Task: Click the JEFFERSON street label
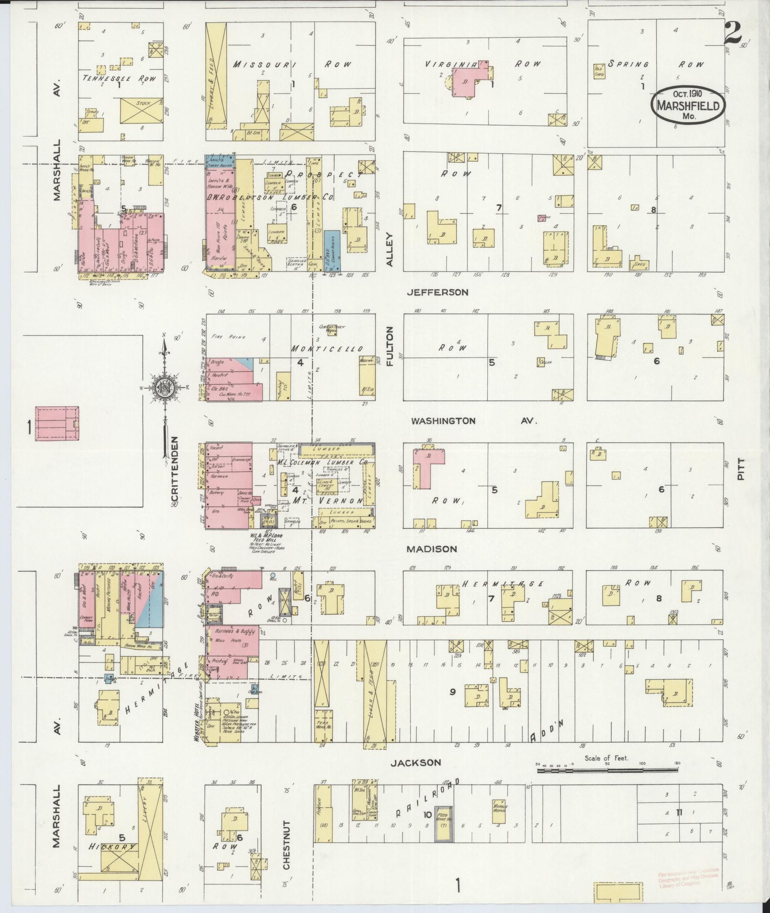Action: tap(437, 292)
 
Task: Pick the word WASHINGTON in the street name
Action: tap(443, 421)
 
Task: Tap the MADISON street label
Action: tap(432, 549)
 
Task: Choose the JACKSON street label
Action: tap(415, 763)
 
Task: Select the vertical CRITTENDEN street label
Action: tap(174, 474)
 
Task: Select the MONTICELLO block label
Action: tap(327, 349)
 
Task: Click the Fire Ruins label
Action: tap(225, 336)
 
